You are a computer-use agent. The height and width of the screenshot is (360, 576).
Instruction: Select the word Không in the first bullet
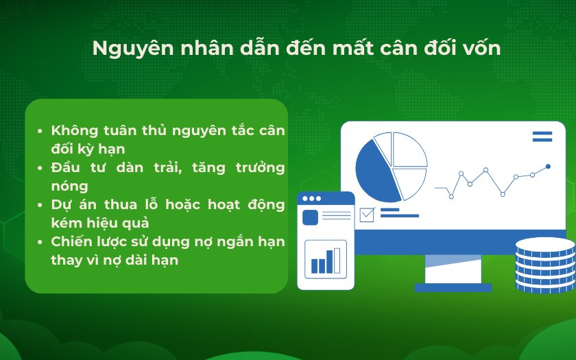[75, 130]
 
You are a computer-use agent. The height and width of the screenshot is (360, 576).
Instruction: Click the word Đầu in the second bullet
[65, 167]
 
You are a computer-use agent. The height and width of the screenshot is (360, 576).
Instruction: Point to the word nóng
[69, 187]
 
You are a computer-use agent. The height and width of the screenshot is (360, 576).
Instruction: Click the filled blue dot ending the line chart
[548, 167]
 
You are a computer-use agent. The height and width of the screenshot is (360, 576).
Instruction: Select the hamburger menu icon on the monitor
[542, 136]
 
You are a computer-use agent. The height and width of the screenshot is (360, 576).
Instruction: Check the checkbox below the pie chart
[367, 215]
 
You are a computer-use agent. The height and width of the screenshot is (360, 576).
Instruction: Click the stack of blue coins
[545, 265]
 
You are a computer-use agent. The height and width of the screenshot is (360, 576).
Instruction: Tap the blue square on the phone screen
[310, 217]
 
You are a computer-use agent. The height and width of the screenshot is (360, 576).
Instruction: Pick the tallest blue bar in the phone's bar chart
[330, 261]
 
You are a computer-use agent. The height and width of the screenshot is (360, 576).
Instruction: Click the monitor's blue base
[453, 287]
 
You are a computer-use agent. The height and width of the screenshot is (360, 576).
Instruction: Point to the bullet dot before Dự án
[40, 205]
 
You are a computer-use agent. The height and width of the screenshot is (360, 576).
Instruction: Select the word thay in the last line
[63, 261]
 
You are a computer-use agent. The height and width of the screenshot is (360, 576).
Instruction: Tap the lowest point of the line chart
[451, 197]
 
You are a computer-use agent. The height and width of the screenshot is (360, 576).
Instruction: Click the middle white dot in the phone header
[311, 199]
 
